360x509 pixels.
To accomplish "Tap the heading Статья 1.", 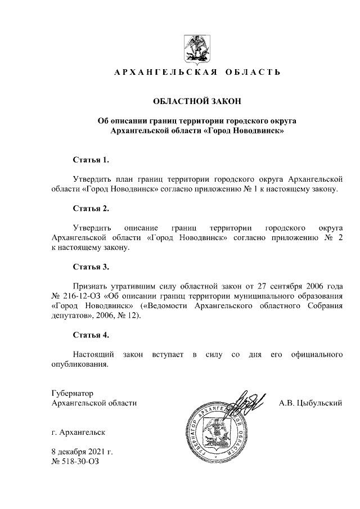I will point(91,160).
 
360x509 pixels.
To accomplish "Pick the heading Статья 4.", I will point(91,335).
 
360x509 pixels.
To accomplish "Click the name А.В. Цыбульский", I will point(311,403).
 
